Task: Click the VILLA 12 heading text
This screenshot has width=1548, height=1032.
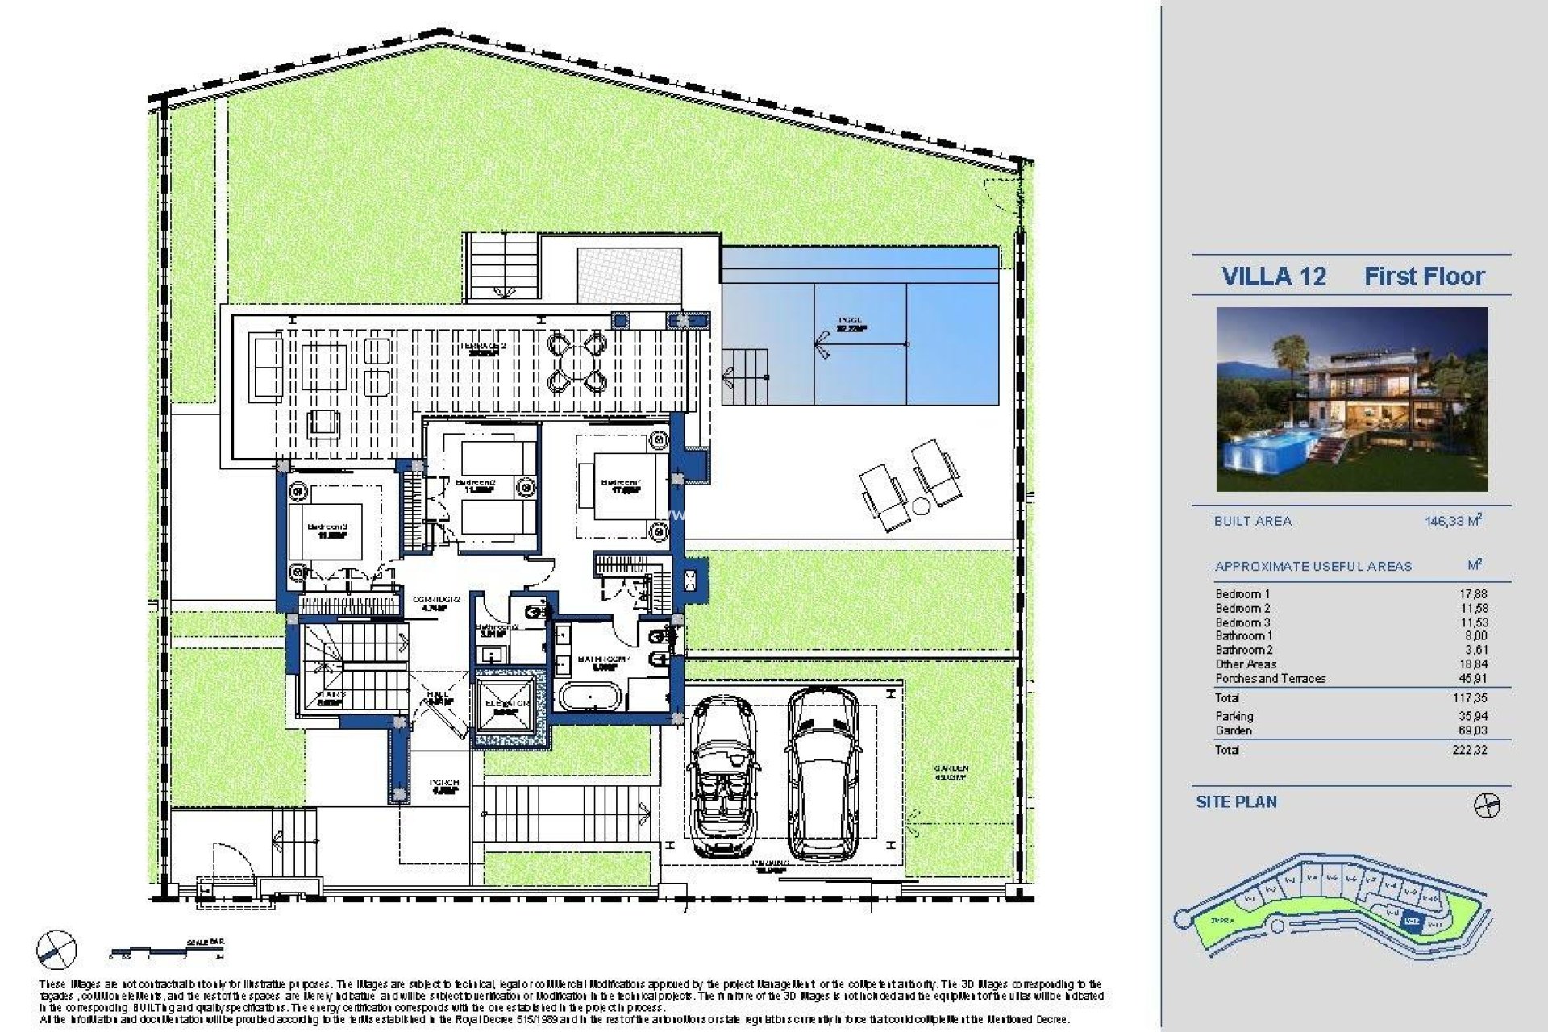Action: pos(1274,277)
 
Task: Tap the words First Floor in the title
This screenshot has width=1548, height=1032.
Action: pos(1424,277)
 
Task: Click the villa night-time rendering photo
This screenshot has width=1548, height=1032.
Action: pos(1352,399)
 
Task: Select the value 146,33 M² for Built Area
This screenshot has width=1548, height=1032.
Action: pos(1454,521)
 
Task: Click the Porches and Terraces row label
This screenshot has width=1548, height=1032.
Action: pos(1270,679)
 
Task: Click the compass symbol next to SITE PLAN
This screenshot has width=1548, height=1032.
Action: pos(1486,805)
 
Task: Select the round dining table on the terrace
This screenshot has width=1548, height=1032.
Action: pos(576,361)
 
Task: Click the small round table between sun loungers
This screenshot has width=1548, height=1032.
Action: pos(921,506)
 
